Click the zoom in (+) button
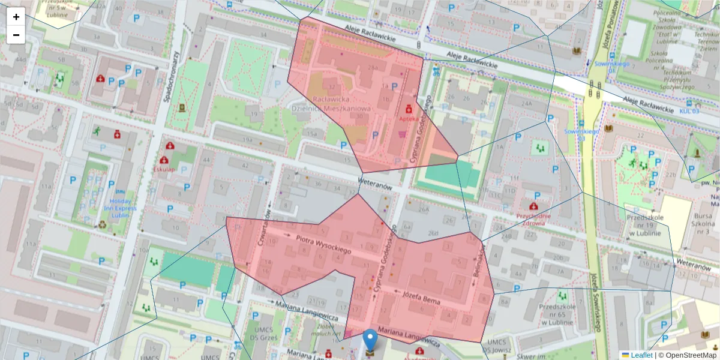pyautogui.click(x=16, y=17)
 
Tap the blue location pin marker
pyautogui.click(x=371, y=340)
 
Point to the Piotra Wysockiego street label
pyautogui.click(x=323, y=244)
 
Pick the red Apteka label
pyautogui.click(x=409, y=119)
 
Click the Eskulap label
pyautogui.click(x=163, y=169)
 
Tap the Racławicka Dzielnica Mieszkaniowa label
pyautogui.click(x=331, y=103)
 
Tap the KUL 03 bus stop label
pyautogui.click(x=690, y=111)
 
